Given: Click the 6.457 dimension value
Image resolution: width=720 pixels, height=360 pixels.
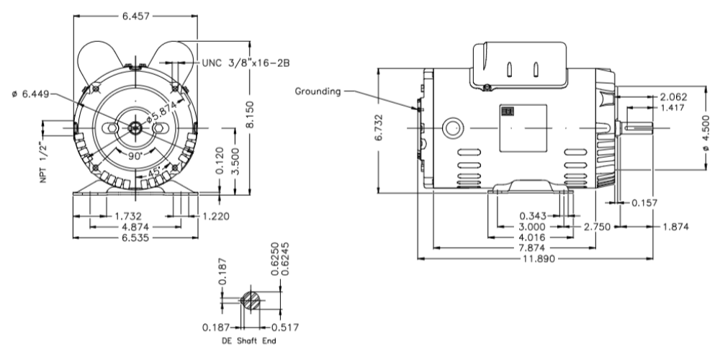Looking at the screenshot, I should [x=135, y=15].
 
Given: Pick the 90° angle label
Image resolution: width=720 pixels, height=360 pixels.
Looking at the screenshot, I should [x=135, y=155].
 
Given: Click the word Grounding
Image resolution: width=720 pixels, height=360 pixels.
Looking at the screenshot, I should [x=318, y=91].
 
